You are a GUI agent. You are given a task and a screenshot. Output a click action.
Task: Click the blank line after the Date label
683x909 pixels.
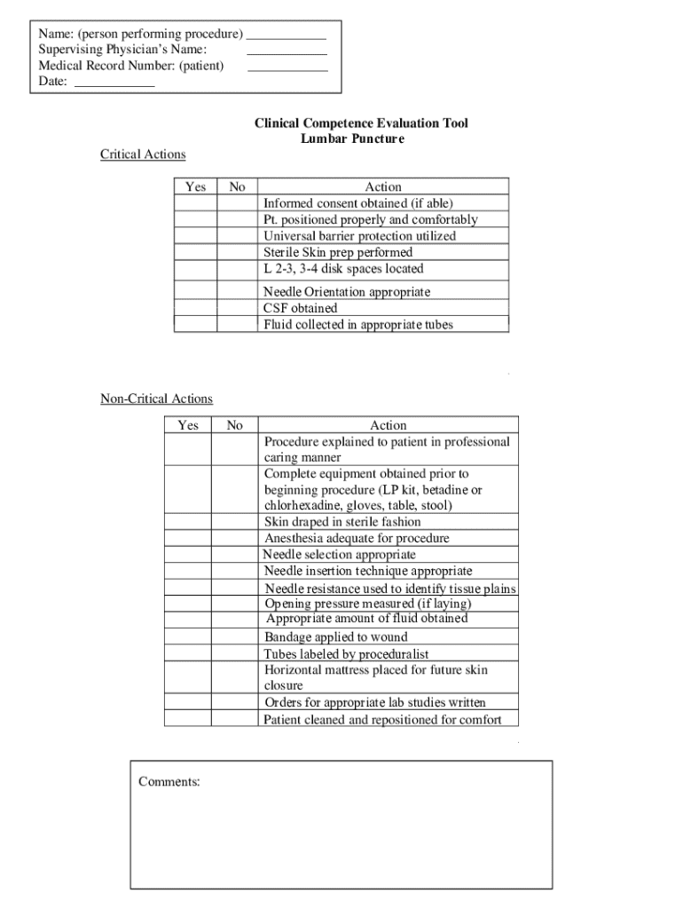[114, 85]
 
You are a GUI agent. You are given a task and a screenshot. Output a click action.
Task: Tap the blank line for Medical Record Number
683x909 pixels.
[287, 69]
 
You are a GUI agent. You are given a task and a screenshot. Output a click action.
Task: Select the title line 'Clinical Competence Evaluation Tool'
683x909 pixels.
[361, 123]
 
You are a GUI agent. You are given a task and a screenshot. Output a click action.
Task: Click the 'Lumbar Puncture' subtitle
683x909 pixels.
[352, 139]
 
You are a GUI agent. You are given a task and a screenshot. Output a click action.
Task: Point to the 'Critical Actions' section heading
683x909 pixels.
[143, 154]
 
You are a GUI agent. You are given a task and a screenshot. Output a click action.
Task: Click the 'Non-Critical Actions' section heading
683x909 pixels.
[156, 399]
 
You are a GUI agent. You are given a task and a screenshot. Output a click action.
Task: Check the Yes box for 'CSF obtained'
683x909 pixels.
[195, 308]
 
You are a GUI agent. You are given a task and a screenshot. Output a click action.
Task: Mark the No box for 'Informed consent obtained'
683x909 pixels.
[237, 202]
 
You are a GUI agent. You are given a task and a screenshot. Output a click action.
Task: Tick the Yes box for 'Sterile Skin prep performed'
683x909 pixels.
[195, 252]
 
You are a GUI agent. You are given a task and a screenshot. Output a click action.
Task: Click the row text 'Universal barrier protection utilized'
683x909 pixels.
[359, 236]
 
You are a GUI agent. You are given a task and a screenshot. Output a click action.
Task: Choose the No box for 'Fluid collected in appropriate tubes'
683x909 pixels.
[237, 324]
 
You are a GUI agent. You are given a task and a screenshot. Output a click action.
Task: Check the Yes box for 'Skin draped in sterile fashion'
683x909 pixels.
[187, 522]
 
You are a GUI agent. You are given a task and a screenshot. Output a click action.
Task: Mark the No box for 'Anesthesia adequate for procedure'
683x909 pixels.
[234, 538]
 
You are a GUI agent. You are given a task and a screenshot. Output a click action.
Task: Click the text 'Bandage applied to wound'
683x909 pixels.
[335, 636]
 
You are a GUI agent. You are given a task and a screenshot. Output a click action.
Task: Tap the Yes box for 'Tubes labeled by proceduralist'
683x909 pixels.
[187, 653]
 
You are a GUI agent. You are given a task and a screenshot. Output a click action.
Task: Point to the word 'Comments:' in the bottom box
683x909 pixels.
[169, 782]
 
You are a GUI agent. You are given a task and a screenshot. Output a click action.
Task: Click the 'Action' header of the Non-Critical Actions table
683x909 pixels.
[388, 425]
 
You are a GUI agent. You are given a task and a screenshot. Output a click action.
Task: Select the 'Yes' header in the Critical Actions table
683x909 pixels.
[195, 186]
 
